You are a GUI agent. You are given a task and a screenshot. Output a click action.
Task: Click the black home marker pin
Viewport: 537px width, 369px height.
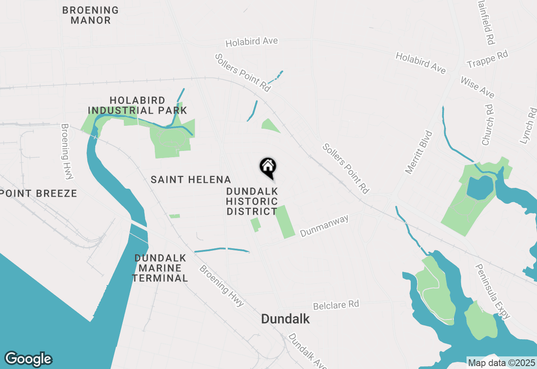click(268, 167)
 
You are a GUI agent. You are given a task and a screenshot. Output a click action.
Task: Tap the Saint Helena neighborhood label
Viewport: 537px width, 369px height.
click(191, 180)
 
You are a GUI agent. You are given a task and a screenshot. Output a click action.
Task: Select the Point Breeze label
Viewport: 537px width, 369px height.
click(39, 193)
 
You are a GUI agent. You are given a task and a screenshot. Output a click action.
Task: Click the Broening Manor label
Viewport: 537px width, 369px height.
click(91, 15)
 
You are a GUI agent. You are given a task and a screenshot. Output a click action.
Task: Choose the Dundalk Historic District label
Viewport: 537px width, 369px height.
click(252, 201)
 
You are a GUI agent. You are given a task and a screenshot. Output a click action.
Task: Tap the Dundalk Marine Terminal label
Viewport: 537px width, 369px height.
click(160, 268)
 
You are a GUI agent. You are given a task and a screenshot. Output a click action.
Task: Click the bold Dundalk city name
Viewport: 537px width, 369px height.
click(285, 319)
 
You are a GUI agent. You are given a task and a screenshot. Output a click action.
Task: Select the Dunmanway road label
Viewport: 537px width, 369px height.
click(325, 226)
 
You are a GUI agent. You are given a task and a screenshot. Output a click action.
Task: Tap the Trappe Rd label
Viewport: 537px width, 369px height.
click(487, 60)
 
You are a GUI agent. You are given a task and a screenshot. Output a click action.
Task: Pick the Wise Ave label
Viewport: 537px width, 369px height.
click(477, 87)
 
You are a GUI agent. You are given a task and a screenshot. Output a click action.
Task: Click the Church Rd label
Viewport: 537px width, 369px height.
click(488, 125)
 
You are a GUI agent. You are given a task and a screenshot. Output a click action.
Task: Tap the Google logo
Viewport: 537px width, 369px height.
click(28, 359)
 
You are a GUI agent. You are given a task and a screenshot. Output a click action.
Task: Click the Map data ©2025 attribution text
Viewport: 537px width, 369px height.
click(501, 362)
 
